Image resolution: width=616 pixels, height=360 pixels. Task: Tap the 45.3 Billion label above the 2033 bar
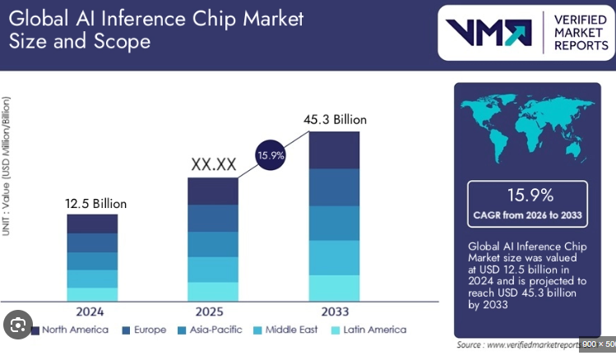point(335,120)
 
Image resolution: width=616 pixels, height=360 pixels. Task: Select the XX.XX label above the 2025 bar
point(213,164)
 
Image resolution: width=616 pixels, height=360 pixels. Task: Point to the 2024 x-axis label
point(90,312)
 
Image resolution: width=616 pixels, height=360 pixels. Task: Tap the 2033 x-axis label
point(335,312)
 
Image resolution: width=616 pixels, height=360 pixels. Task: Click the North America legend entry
point(69,330)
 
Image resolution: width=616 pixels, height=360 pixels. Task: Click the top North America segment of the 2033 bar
point(335,150)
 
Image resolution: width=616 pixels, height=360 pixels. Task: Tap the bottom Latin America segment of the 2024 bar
point(92,294)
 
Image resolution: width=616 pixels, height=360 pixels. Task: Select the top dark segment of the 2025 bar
point(213,191)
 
